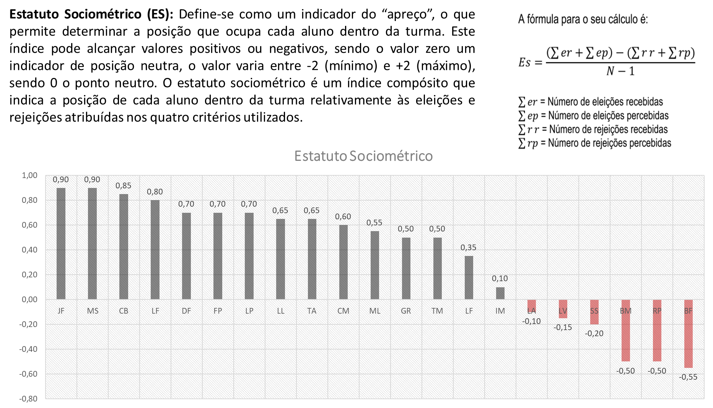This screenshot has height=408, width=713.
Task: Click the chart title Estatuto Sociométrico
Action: pos(363,156)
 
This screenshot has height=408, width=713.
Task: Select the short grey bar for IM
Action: pos(500,293)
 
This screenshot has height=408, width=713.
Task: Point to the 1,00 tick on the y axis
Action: pos(29,175)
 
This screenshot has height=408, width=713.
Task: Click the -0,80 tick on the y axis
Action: pos(28,398)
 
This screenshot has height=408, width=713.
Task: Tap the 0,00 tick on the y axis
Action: pos(29,300)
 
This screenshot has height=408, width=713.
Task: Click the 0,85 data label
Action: pos(123,186)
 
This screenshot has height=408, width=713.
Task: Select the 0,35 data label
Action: pos(468,248)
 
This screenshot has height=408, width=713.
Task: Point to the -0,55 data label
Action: pos(688,377)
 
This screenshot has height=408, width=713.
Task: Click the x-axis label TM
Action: pos(437,311)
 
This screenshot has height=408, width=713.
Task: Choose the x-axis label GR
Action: pos(406,311)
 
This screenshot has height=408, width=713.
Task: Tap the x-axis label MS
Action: pos(93,311)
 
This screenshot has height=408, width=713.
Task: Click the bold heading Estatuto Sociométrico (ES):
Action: pos(91,14)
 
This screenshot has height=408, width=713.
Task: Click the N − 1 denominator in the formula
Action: pos(620,71)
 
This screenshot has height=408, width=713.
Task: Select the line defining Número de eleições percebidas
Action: pos(594,115)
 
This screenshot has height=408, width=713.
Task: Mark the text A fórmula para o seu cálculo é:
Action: pos(583,19)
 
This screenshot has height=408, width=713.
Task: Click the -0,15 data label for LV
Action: pos(563,327)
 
